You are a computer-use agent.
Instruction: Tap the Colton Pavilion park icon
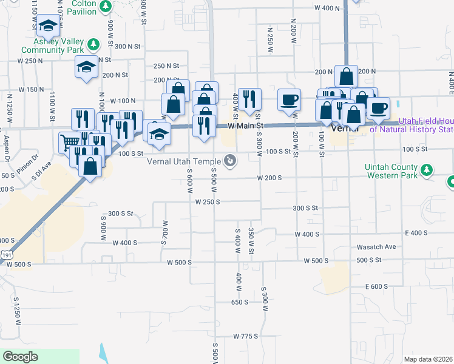tap(106, 7)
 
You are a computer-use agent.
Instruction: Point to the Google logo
tap(20, 357)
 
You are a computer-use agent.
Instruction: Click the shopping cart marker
tap(69, 143)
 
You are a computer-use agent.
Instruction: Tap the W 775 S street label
tap(245, 336)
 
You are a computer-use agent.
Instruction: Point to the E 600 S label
tap(376, 286)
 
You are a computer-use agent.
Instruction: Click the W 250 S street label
tap(207, 201)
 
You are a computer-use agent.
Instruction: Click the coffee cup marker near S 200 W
tap(289, 99)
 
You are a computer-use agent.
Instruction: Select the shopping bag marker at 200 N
tap(346, 76)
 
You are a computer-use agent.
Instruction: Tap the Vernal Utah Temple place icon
tap(231, 160)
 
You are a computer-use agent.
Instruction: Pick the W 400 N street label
tap(327, 8)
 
